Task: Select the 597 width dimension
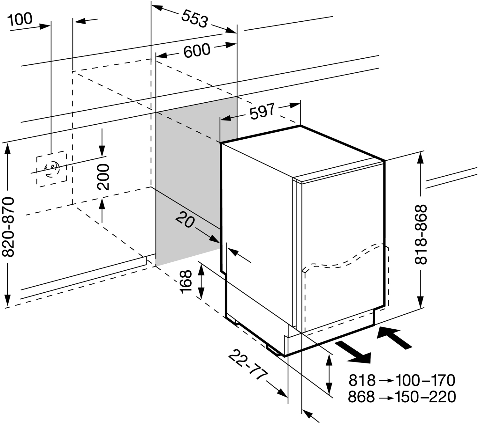click(262, 111)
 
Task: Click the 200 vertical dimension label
click(103, 177)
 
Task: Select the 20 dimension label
click(185, 220)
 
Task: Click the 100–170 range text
click(425, 380)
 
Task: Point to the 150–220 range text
click(425, 397)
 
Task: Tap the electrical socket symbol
click(51, 170)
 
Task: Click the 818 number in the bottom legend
click(362, 380)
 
